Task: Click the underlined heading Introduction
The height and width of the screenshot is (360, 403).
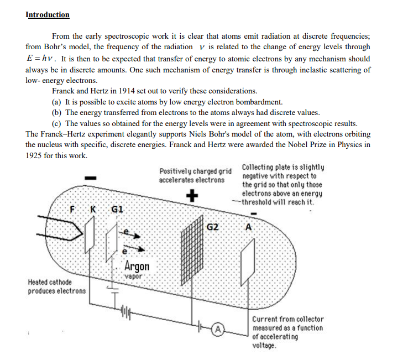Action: pos(48,15)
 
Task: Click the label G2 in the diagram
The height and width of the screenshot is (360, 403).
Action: pos(213,227)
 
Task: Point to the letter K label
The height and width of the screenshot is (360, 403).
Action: pos(93,210)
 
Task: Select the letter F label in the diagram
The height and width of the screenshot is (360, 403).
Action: pos(72,210)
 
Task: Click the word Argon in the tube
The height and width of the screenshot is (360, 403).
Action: pos(137,265)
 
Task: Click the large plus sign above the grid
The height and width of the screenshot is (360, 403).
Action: pos(192,196)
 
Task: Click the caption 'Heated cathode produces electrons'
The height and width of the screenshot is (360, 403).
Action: pos(57,286)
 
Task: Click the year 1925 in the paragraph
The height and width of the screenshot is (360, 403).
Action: pos(36,155)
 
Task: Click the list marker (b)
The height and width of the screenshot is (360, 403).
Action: pos(56,112)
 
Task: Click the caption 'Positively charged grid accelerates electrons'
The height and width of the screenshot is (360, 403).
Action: pos(195,176)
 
